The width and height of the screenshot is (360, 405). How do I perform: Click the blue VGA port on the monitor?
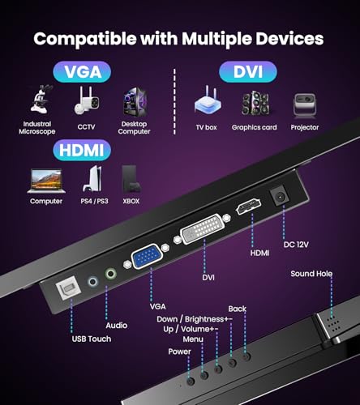[147, 256]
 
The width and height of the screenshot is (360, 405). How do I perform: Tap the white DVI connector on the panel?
[203, 228]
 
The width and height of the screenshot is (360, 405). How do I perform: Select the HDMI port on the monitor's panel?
[248, 207]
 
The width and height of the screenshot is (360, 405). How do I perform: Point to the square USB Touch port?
[69, 289]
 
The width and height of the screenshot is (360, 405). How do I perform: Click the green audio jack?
[110, 274]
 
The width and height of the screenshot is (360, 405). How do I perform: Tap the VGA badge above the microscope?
[82, 72]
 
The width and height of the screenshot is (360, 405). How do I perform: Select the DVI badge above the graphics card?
[248, 72]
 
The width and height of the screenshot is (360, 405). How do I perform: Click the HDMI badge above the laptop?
[82, 150]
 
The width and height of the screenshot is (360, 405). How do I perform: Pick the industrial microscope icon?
[41, 99]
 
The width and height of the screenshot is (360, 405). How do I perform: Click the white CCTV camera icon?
[86, 101]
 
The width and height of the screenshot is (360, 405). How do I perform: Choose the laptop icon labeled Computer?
[46, 181]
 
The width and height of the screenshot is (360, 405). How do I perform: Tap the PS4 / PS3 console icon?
[92, 179]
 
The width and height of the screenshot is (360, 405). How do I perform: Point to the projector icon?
[305, 106]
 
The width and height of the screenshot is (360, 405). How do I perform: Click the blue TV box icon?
[208, 100]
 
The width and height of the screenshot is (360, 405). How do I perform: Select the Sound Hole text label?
[311, 274]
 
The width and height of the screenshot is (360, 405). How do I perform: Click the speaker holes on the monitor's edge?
[334, 324]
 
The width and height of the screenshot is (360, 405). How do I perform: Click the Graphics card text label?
[254, 127]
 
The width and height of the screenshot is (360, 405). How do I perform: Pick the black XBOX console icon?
[131, 178]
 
